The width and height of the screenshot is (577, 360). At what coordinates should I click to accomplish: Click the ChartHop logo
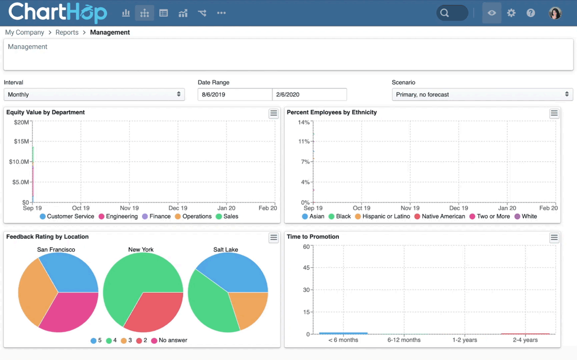click(58, 13)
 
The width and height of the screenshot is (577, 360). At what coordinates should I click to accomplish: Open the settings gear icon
click(511, 13)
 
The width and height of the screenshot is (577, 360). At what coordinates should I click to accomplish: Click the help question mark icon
click(531, 13)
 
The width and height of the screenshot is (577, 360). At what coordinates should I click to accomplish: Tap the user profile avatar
click(555, 13)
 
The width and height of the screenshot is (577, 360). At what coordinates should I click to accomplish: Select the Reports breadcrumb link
click(67, 33)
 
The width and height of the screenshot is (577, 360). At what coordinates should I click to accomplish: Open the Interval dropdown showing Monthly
click(94, 94)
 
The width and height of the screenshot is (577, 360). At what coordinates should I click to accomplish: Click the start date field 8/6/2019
click(234, 94)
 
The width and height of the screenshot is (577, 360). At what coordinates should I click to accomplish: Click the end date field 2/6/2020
click(309, 94)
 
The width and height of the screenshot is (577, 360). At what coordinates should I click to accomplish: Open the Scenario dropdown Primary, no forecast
click(482, 94)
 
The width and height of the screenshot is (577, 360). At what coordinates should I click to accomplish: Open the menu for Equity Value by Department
click(273, 114)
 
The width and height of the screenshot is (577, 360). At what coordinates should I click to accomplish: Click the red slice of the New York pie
click(152, 313)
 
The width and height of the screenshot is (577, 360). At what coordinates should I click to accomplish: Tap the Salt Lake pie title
click(226, 250)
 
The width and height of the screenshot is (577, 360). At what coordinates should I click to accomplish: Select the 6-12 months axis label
click(404, 340)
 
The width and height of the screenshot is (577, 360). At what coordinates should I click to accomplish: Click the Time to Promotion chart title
click(313, 237)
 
